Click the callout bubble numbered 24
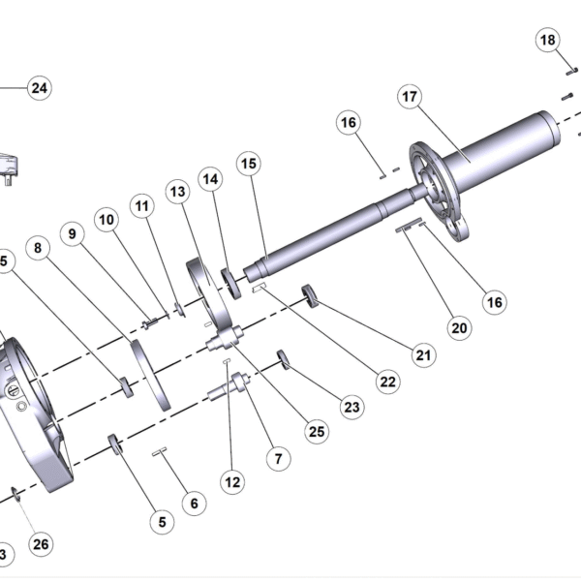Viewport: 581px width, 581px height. tap(39, 88)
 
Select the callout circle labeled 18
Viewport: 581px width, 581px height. tap(548, 40)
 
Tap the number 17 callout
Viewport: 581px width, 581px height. tap(410, 97)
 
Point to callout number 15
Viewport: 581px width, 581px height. tap(249, 164)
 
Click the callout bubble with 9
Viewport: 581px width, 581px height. tap(71, 233)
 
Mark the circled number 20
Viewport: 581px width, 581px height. tap(460, 327)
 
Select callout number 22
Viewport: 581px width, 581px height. tap(388, 382)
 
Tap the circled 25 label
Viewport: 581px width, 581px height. tap(317, 431)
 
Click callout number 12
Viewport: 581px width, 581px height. tap(232, 480)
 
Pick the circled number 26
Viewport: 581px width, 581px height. tap(40, 543)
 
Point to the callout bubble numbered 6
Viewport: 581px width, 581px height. tap(193, 504)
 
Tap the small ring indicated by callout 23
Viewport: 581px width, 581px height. tap(284, 358)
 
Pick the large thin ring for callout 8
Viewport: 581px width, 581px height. tap(150, 373)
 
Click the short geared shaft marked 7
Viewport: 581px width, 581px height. tap(229, 388)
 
